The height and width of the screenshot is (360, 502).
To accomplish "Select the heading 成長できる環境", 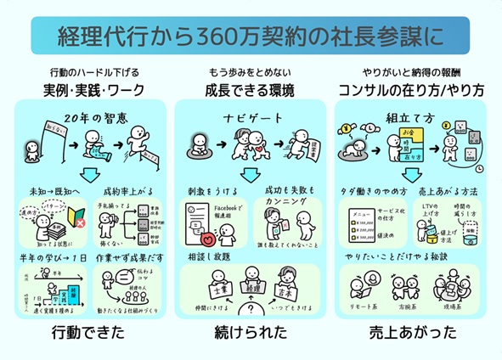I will (251, 89).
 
